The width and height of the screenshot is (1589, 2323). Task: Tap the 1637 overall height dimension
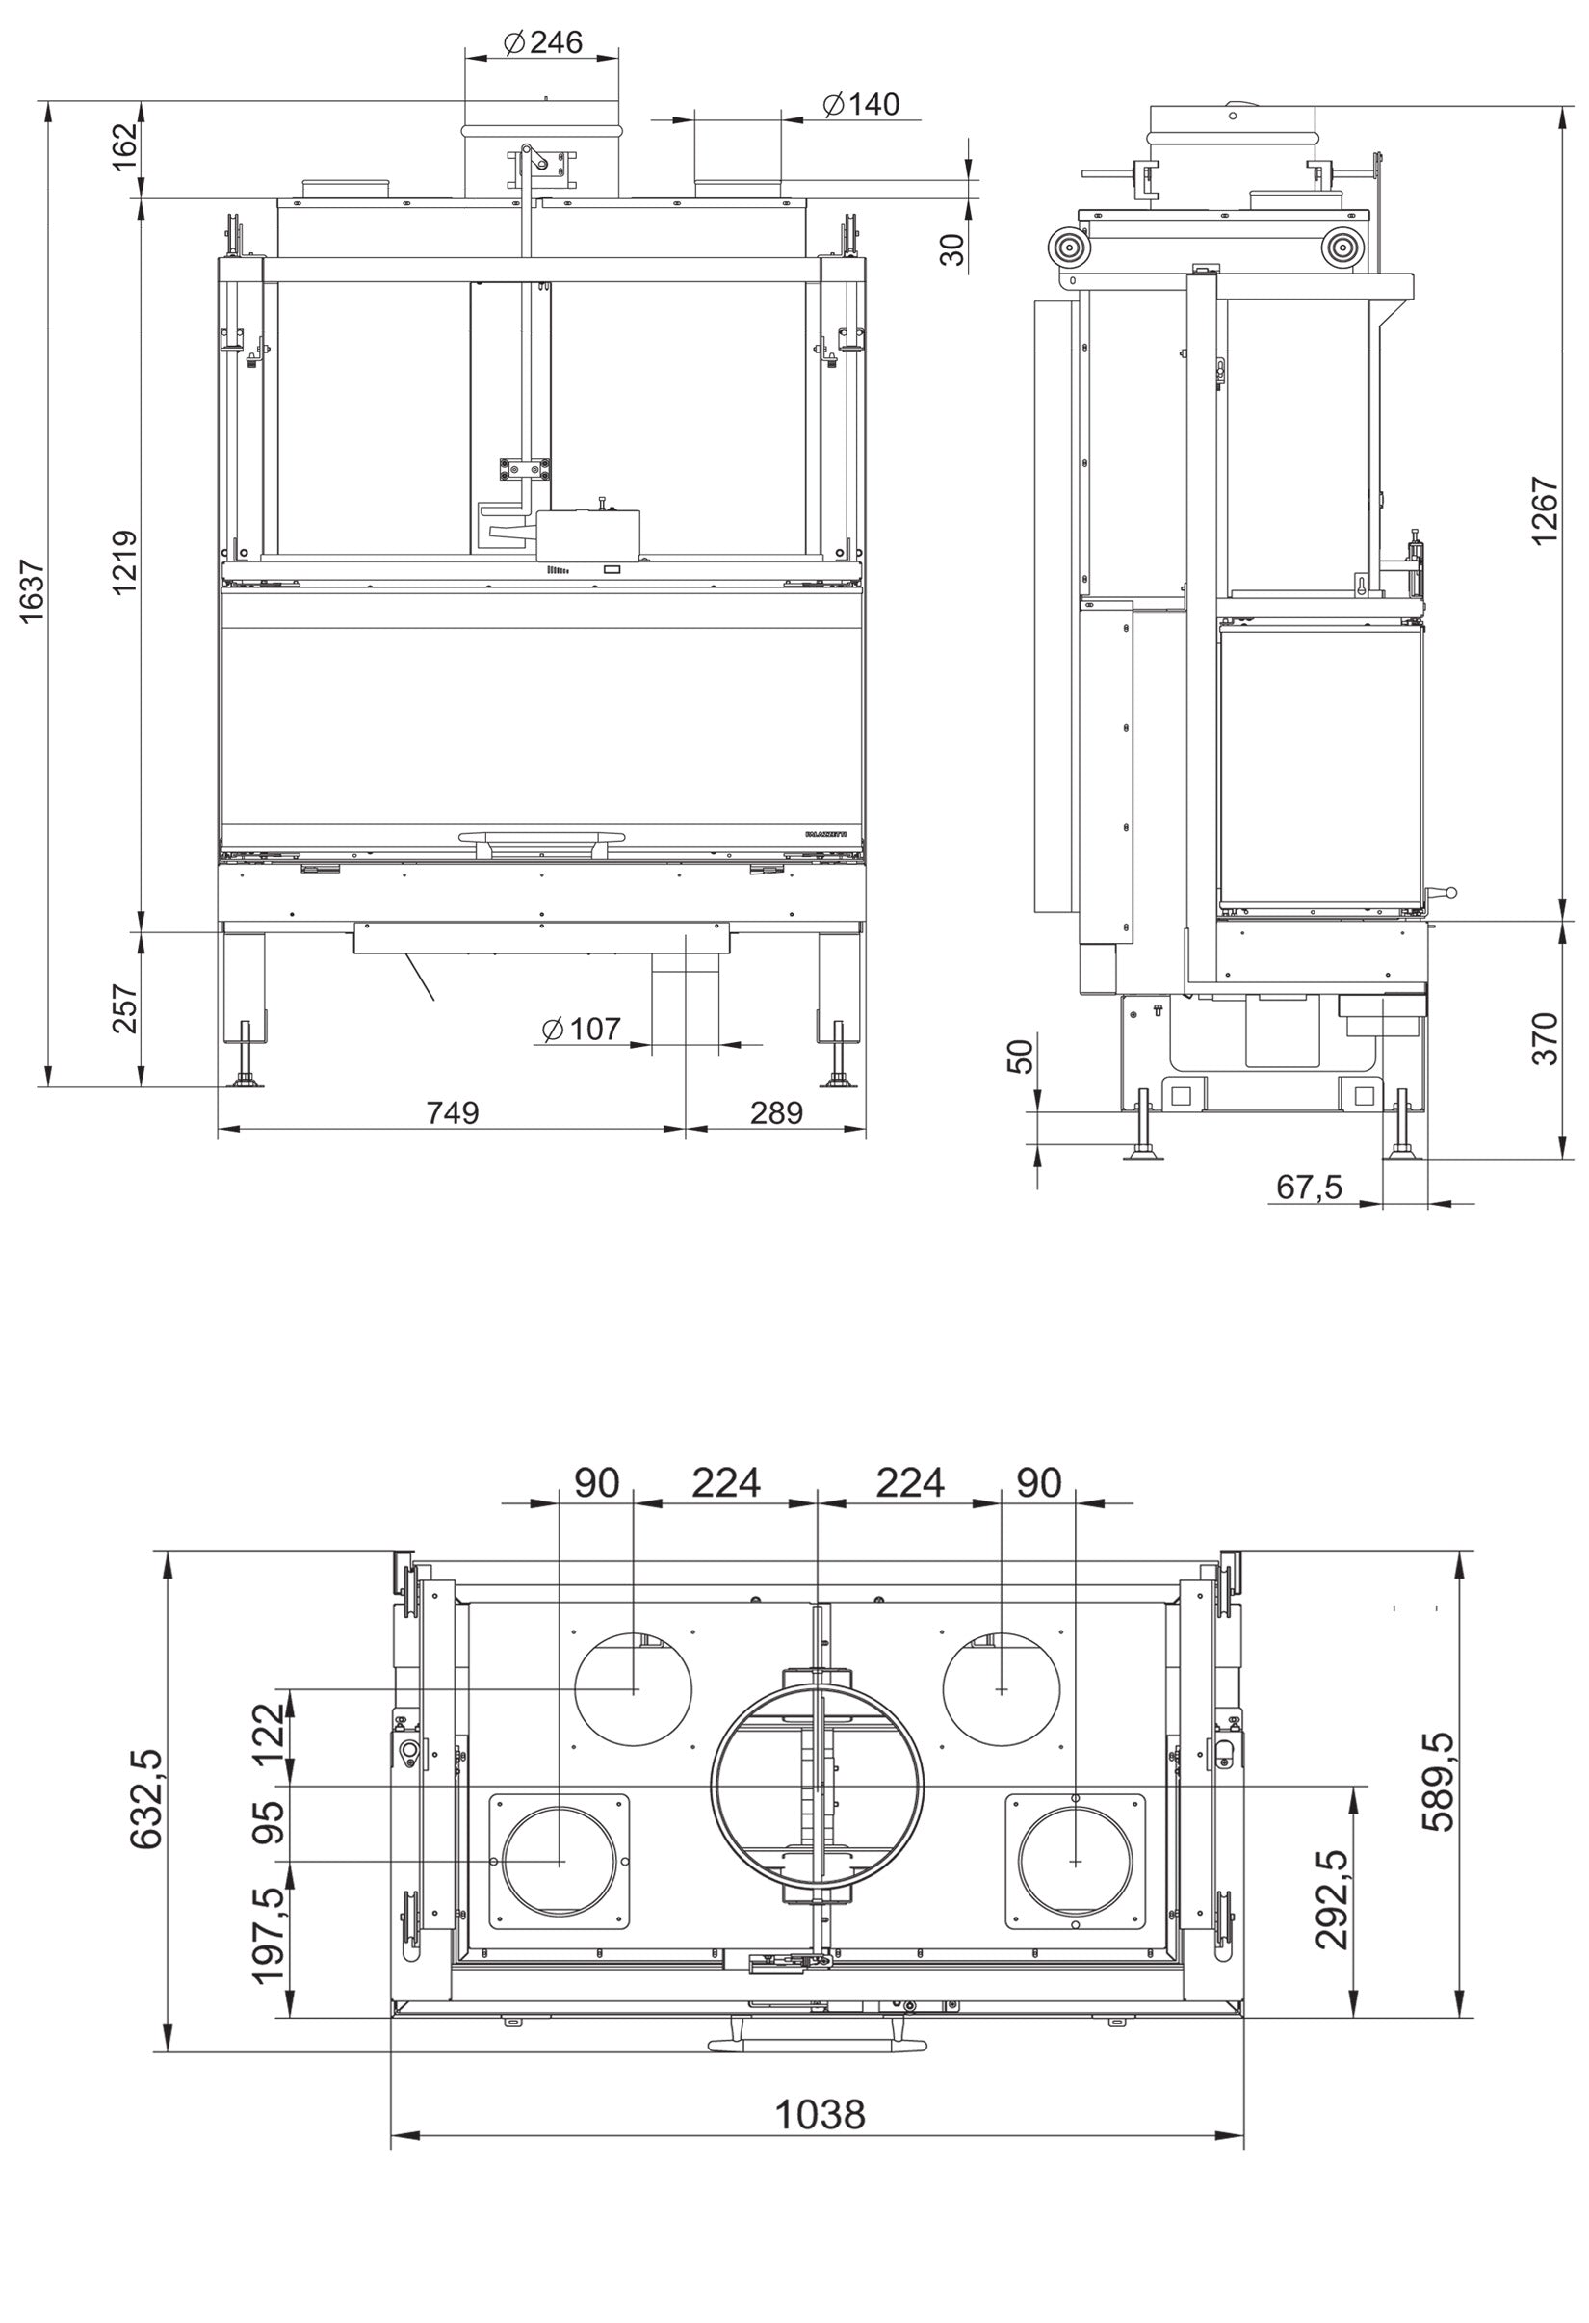pos(33,590)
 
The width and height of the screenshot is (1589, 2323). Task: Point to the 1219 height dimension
pos(125,562)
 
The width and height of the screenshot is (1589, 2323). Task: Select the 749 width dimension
pos(453,1112)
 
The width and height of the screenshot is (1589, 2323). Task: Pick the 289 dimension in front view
pos(775,1112)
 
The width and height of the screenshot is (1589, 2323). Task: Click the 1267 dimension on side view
pos(1544,510)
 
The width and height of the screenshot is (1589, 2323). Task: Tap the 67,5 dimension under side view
pos(1309,1188)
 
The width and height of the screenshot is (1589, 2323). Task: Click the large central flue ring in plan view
pos(818,1790)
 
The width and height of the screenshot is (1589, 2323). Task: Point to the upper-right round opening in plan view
pos(1002,1689)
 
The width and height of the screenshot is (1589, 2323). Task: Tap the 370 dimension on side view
pos(1544,1038)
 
